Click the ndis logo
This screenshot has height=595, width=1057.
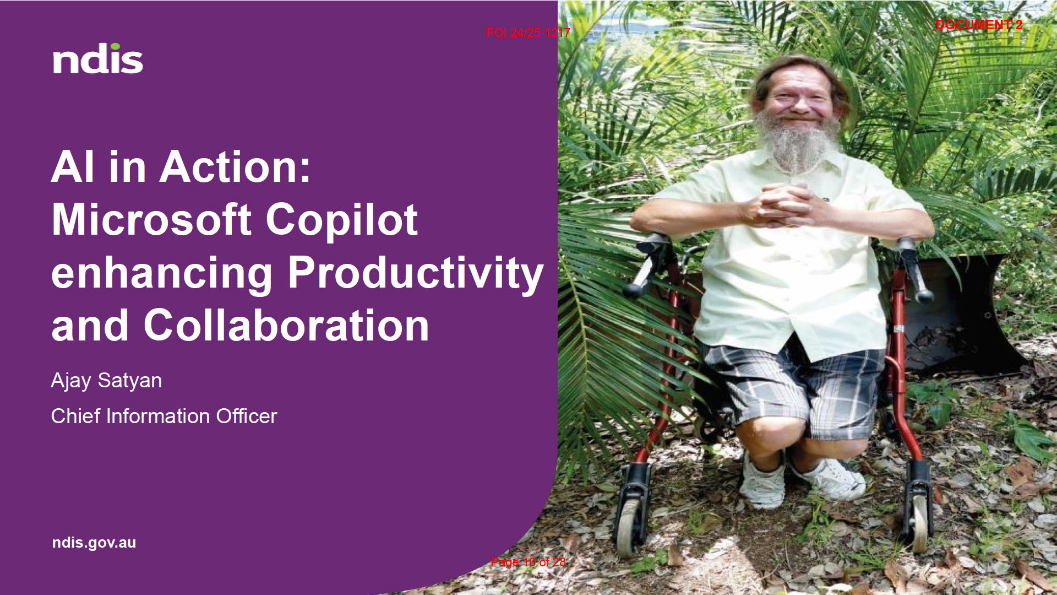[x=98, y=58]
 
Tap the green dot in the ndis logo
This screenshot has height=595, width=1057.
[x=115, y=47]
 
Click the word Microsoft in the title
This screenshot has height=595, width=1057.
[x=152, y=220]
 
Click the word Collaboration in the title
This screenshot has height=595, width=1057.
[x=286, y=325]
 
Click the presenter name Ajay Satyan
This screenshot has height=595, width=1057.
[x=106, y=381]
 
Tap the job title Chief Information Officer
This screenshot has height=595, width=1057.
[x=164, y=416]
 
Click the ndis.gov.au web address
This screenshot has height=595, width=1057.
[x=94, y=543]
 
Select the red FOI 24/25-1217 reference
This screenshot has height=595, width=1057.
[x=528, y=33]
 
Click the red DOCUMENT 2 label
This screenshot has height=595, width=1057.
[x=979, y=25]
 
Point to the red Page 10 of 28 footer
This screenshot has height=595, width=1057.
[x=528, y=562]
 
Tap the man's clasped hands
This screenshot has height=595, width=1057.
[x=784, y=205]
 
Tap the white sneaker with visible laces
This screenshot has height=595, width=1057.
[x=829, y=478]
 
